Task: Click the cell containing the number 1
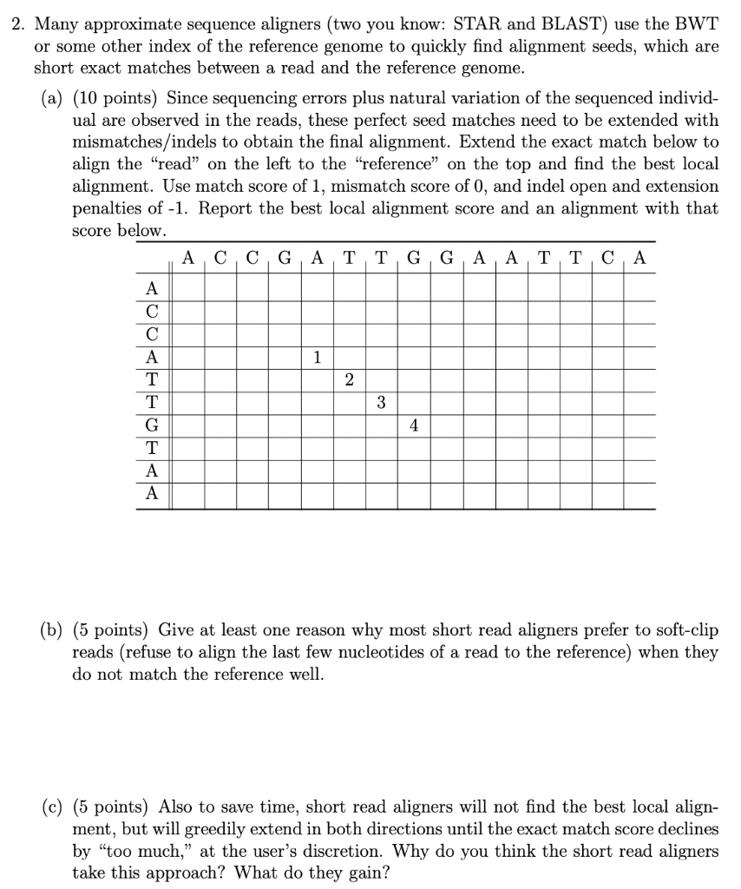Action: coord(317,356)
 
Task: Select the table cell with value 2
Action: coord(349,379)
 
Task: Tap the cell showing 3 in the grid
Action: coord(382,402)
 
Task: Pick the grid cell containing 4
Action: coord(414,425)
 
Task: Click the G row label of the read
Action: coord(153,425)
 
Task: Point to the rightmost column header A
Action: coord(639,258)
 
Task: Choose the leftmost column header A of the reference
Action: coord(188,258)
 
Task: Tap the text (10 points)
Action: coord(115,96)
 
